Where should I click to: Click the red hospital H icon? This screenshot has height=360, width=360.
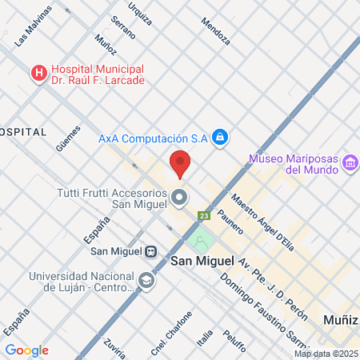tap(38, 74)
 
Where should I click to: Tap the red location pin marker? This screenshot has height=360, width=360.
tap(180, 164)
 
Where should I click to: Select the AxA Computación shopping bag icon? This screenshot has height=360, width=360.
tap(221, 138)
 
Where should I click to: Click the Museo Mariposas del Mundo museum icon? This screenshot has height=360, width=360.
tap(349, 164)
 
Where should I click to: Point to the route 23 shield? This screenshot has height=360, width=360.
tap(205, 215)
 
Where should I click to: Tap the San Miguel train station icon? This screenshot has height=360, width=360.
tap(150, 251)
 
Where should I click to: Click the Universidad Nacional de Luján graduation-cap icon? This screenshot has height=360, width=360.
tap(146, 281)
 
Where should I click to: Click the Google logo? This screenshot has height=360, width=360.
tap(26, 350)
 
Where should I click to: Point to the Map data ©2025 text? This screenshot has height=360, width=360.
tap(325, 354)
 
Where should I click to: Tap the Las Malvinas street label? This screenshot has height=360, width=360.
tap(33, 26)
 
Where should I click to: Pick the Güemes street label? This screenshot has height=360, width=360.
tap(69, 137)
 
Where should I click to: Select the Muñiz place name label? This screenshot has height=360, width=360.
tap(341, 319)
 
